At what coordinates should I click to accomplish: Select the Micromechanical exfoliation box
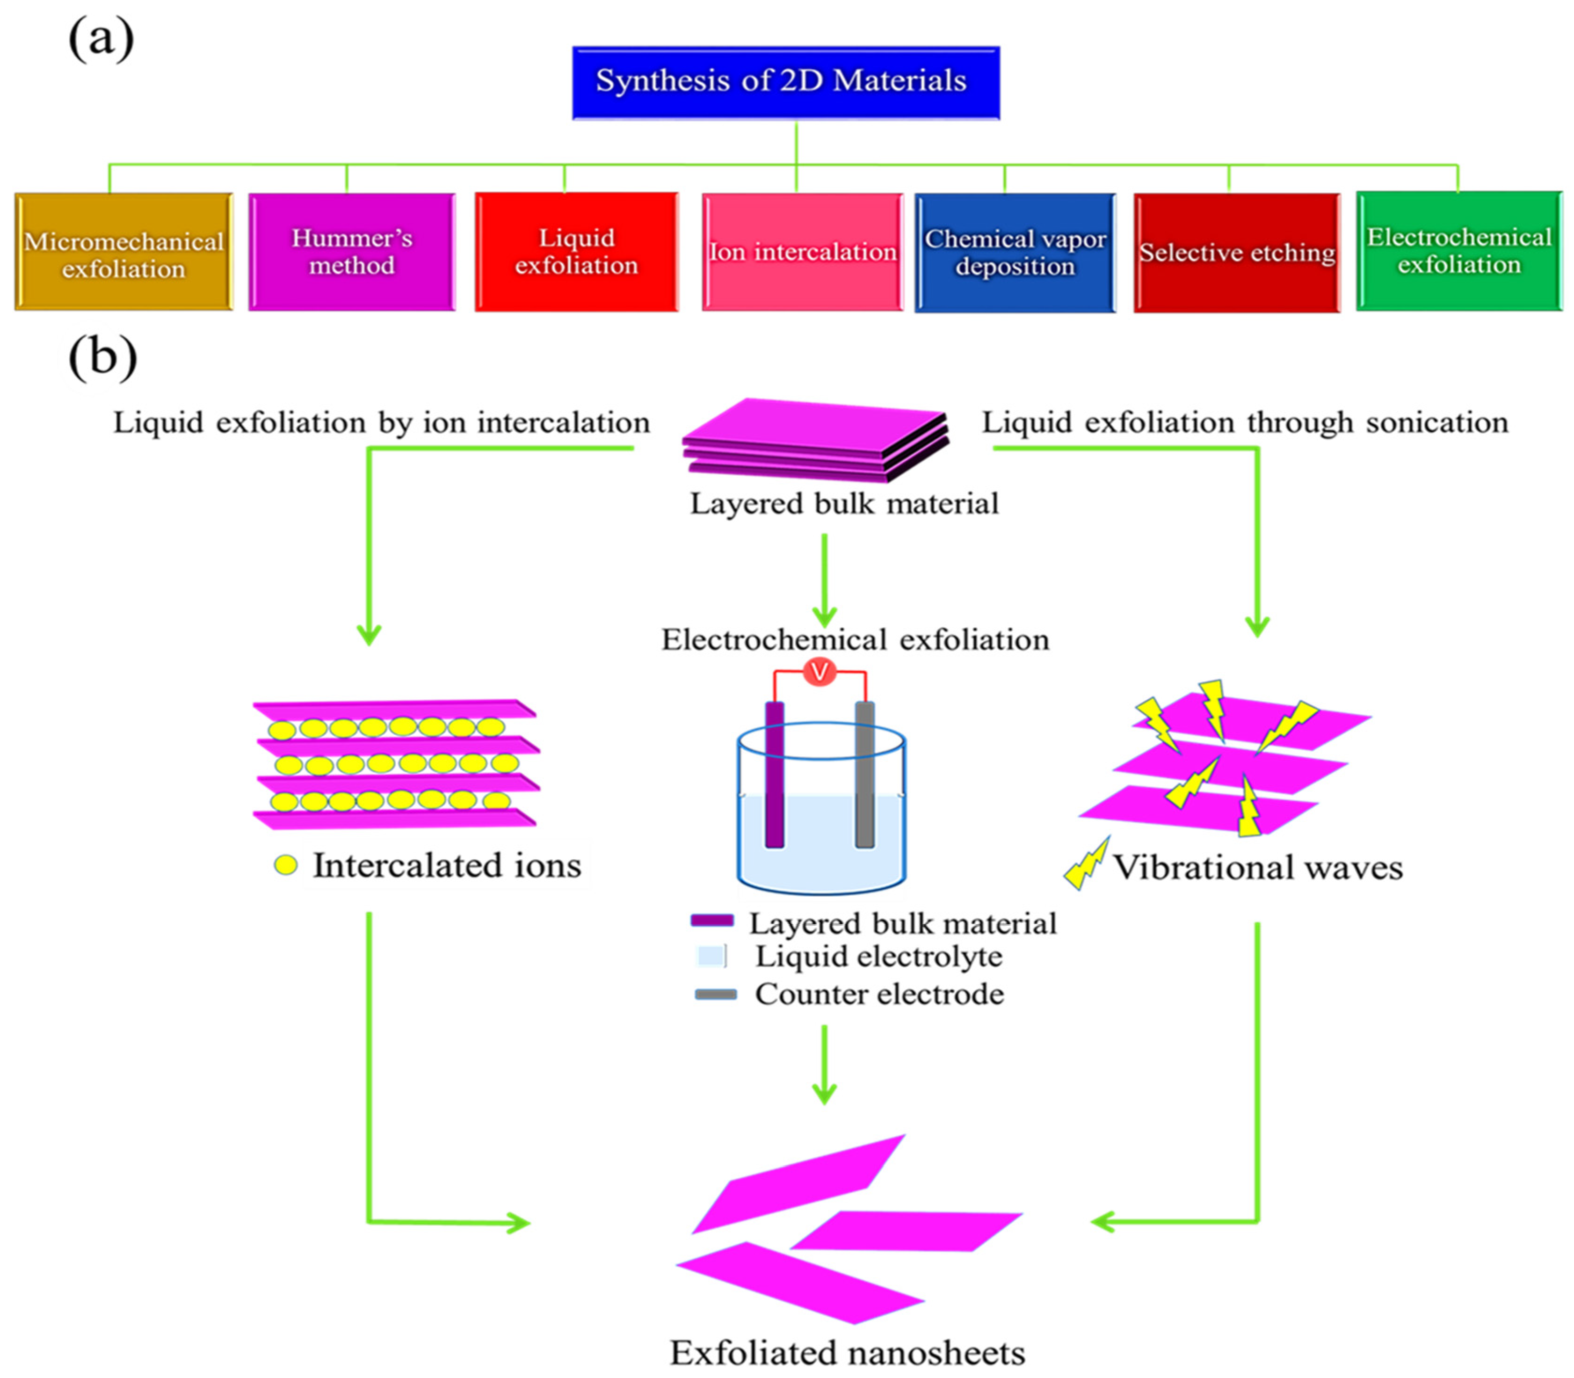coord(124,252)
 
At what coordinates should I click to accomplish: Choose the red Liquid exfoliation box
coord(577,252)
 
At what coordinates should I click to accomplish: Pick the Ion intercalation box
coord(803,252)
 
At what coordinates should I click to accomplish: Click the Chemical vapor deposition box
coord(1015,252)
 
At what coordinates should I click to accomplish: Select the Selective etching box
coord(1237,252)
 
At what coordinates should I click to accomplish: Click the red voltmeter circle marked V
coord(820,672)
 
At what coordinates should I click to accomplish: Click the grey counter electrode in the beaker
coord(865,774)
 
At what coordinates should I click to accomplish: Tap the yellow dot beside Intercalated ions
coord(286,865)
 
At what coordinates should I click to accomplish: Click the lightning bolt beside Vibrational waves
coord(1087,863)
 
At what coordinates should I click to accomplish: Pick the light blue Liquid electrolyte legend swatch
coord(711,956)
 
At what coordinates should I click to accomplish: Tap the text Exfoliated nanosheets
coord(848,1352)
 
